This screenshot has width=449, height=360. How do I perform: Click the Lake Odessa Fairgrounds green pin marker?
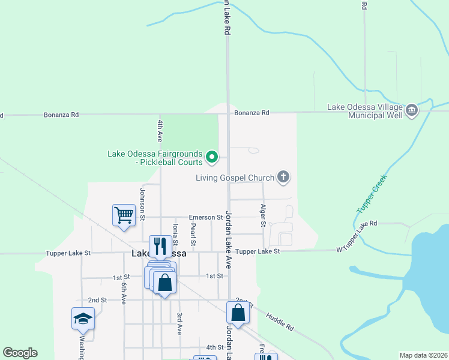tap(212, 157)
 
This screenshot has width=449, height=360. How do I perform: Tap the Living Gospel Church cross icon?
tap(283, 177)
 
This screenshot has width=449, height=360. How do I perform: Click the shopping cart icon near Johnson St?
tap(123, 215)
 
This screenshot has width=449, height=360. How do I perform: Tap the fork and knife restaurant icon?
tap(160, 245)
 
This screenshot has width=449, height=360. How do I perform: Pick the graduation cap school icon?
tap(83, 319)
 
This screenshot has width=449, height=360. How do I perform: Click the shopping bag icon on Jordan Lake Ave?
tap(238, 313)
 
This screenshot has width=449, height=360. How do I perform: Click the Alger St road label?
tap(263, 215)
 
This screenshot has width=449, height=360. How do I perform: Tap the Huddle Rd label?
tap(280, 320)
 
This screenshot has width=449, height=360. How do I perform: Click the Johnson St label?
tap(143, 204)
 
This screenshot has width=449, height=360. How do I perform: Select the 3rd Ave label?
tap(179, 323)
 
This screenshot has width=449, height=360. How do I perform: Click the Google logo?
tap(20, 353)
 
